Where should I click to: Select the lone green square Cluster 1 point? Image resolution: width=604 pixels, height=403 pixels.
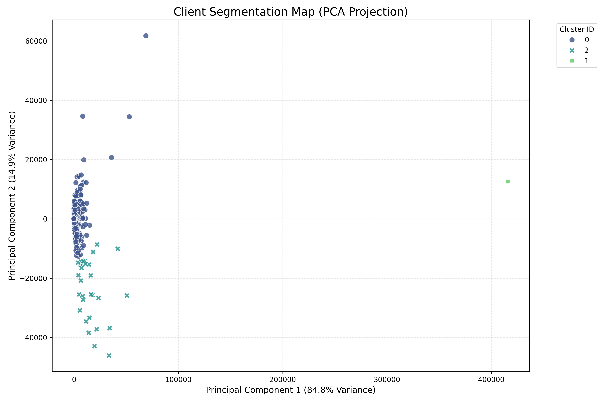tap(508, 182)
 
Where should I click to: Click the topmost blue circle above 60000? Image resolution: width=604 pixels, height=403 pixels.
tap(146, 36)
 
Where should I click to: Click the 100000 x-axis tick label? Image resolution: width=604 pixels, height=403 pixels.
tap(178, 380)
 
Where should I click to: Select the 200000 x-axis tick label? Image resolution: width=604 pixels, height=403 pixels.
tap(283, 380)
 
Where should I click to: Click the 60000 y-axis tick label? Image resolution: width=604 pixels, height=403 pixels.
tap(36, 41)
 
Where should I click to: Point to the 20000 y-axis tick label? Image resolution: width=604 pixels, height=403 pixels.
tap(36, 160)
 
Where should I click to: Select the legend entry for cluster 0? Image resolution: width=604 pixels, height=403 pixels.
tap(579, 40)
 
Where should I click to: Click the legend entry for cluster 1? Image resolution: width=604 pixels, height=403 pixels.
tap(579, 61)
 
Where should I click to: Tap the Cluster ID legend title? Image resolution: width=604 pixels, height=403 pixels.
tap(577, 29)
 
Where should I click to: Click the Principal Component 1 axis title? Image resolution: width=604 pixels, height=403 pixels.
tap(291, 390)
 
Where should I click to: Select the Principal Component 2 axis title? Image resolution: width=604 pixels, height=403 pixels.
tap(12, 196)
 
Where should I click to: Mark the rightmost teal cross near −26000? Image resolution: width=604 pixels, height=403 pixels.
tap(127, 296)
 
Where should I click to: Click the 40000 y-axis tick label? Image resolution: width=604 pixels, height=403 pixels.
tap(36, 100)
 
